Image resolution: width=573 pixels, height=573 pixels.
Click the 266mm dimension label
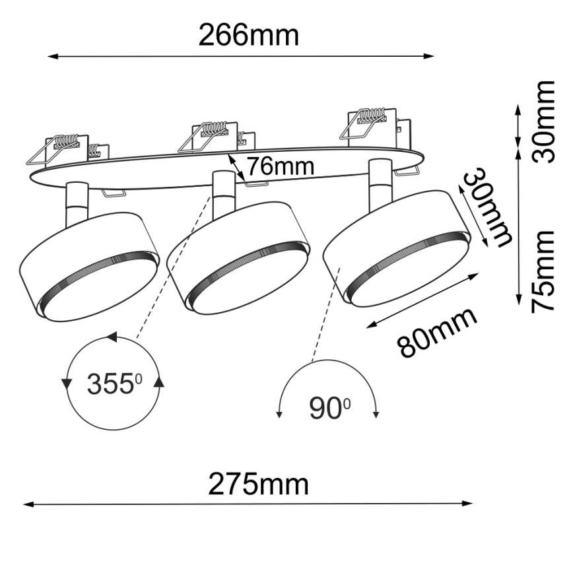pos(248,35)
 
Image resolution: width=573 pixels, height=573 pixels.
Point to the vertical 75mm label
pos(545,271)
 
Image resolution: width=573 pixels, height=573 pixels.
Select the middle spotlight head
pos(239,257)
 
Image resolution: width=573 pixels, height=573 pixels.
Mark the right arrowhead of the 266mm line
pos(430,56)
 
